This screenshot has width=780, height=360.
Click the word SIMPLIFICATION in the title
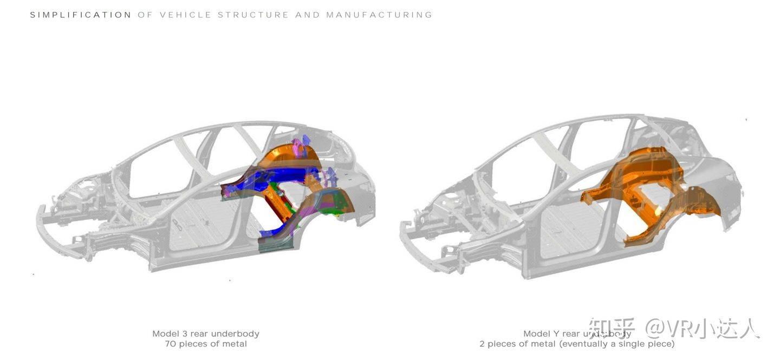pos(81,15)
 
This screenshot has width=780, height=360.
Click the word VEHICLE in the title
pos(185,15)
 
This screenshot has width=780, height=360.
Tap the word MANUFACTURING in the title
pos(379,15)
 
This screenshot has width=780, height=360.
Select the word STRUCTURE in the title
pos(253,15)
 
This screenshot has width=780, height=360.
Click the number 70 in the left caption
pos(171,344)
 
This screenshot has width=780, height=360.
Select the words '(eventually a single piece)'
pos(617,344)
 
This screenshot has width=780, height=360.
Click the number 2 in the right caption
pos(482,344)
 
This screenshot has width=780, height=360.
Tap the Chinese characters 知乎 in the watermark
pos(612,329)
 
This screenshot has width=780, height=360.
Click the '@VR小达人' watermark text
pos(702,329)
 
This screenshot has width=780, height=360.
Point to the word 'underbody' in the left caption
pos(235,333)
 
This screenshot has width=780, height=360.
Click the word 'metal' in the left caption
pos(233,344)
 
